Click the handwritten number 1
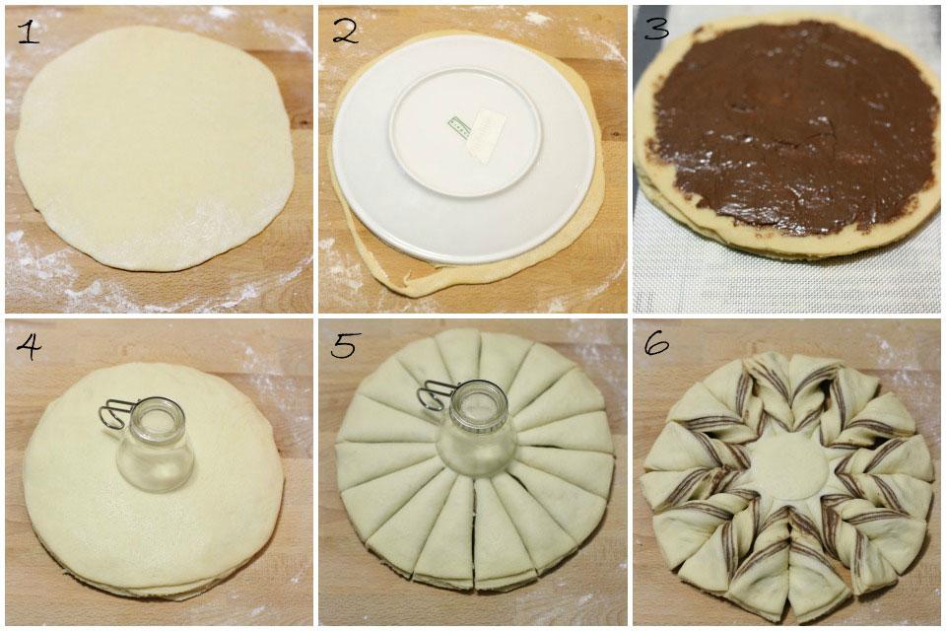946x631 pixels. pos(28,32)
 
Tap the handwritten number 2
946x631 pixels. pos(345,32)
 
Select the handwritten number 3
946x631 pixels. pos(657,29)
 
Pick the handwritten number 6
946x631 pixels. pos(656,344)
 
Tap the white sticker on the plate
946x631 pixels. pos(487,134)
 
